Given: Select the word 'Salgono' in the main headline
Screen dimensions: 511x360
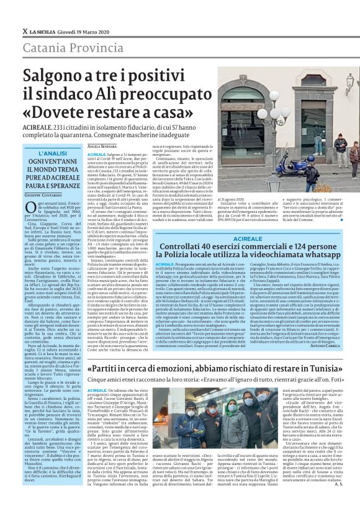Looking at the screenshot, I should (x=56, y=78).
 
